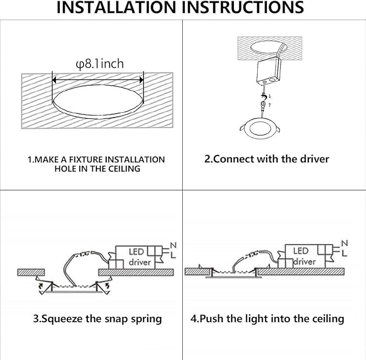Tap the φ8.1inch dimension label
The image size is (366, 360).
point(100,64)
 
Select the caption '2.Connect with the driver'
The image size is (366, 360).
point(266,159)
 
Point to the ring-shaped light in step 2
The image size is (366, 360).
point(260,125)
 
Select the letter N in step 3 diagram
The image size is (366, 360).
point(173,246)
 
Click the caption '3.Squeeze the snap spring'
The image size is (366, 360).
point(97,318)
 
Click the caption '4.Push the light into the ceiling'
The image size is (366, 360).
point(267,318)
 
